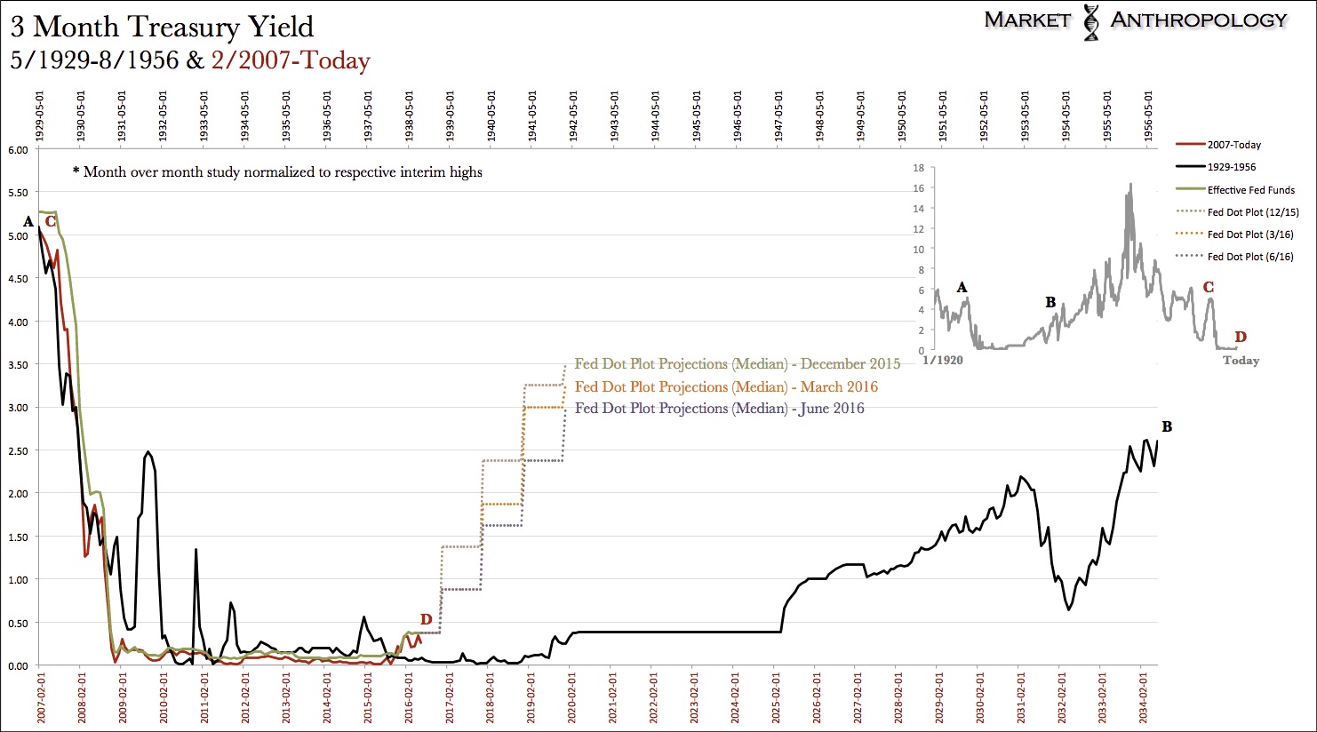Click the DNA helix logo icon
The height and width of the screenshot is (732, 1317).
coord(1090,22)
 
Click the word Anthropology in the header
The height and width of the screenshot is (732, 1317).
coord(1198,20)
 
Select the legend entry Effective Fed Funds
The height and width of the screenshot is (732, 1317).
coord(1250,190)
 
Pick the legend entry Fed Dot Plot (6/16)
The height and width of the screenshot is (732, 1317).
coord(1250,257)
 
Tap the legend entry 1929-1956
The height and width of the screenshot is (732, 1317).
coord(1231,167)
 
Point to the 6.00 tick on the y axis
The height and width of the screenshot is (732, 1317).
coord(18,150)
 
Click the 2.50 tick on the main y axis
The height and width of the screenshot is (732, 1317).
coord(18,451)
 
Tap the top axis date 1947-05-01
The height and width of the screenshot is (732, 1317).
coord(778,115)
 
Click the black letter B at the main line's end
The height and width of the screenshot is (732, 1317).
coord(1167,427)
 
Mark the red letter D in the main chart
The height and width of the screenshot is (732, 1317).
coord(426,619)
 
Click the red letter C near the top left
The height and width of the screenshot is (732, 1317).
coord(51,221)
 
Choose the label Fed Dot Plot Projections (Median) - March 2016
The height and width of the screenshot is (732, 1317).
coord(726,386)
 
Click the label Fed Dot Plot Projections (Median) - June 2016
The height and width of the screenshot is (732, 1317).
coord(719,409)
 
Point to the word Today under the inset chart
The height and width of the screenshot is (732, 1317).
coord(1241,361)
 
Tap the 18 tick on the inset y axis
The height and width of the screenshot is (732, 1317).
coord(918,168)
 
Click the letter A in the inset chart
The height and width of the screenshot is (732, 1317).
coord(962,287)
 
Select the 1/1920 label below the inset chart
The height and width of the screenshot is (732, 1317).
coord(943,361)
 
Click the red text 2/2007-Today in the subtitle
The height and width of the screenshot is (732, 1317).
coord(291,60)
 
